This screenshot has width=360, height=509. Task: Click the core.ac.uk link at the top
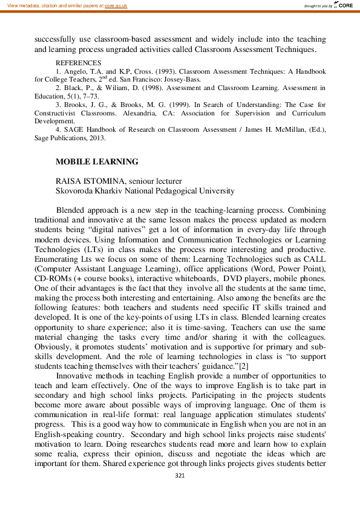(x=115, y=5)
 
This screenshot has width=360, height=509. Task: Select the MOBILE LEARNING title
(x=97, y=161)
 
